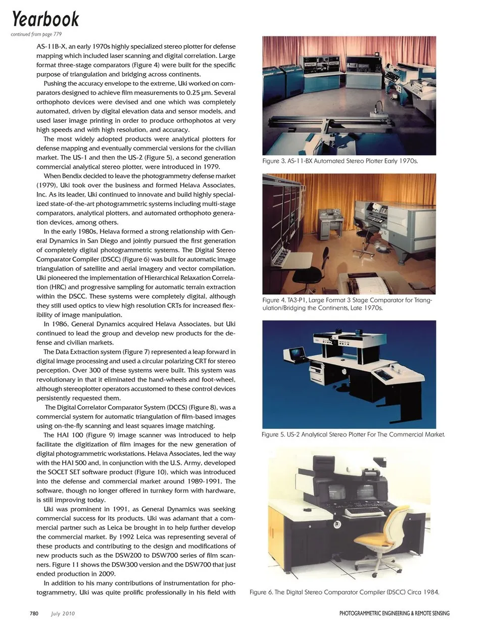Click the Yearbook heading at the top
[45, 19]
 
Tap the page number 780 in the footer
[34, 613]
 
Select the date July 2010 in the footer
[63, 613]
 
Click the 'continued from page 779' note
[36, 34]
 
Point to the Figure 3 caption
[339, 161]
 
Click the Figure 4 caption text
[347, 304]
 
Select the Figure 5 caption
[353, 434]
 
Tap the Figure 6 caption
[344, 592]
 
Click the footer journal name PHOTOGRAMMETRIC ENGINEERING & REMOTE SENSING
[394, 613]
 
